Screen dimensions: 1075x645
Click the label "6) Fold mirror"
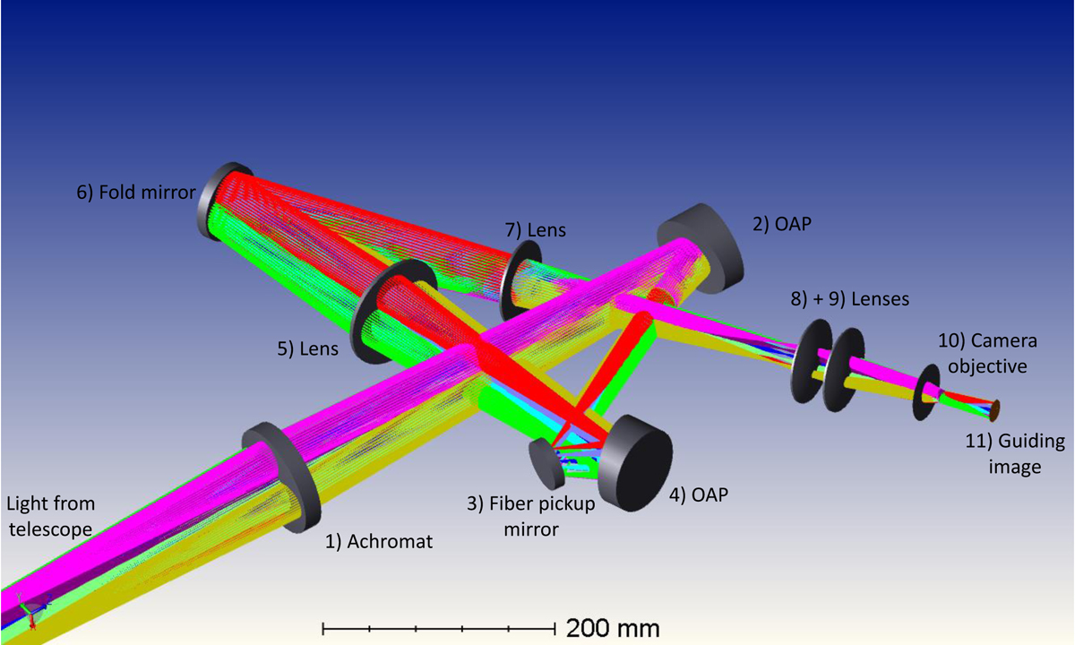pos(136,193)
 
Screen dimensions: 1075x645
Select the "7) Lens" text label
pos(535,230)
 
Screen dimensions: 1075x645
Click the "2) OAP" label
pos(782,224)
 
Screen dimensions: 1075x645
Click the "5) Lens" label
pos(307,348)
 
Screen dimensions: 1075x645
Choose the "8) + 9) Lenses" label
pos(850,299)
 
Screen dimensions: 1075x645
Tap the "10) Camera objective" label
pos(987,354)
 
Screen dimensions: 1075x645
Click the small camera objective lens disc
pos(925,392)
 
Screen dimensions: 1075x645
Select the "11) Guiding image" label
pos(1015,453)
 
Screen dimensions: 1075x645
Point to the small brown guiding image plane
pos(994,411)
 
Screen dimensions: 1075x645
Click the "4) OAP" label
pos(699,494)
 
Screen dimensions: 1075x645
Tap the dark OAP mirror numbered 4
pos(636,463)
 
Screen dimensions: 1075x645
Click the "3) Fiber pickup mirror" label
pos(531,516)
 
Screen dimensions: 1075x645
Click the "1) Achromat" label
pos(379,542)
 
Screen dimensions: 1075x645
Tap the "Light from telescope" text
pos(50,516)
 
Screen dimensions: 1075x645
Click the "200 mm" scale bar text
pos(613,628)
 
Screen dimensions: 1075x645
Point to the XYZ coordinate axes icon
pos(32,610)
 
